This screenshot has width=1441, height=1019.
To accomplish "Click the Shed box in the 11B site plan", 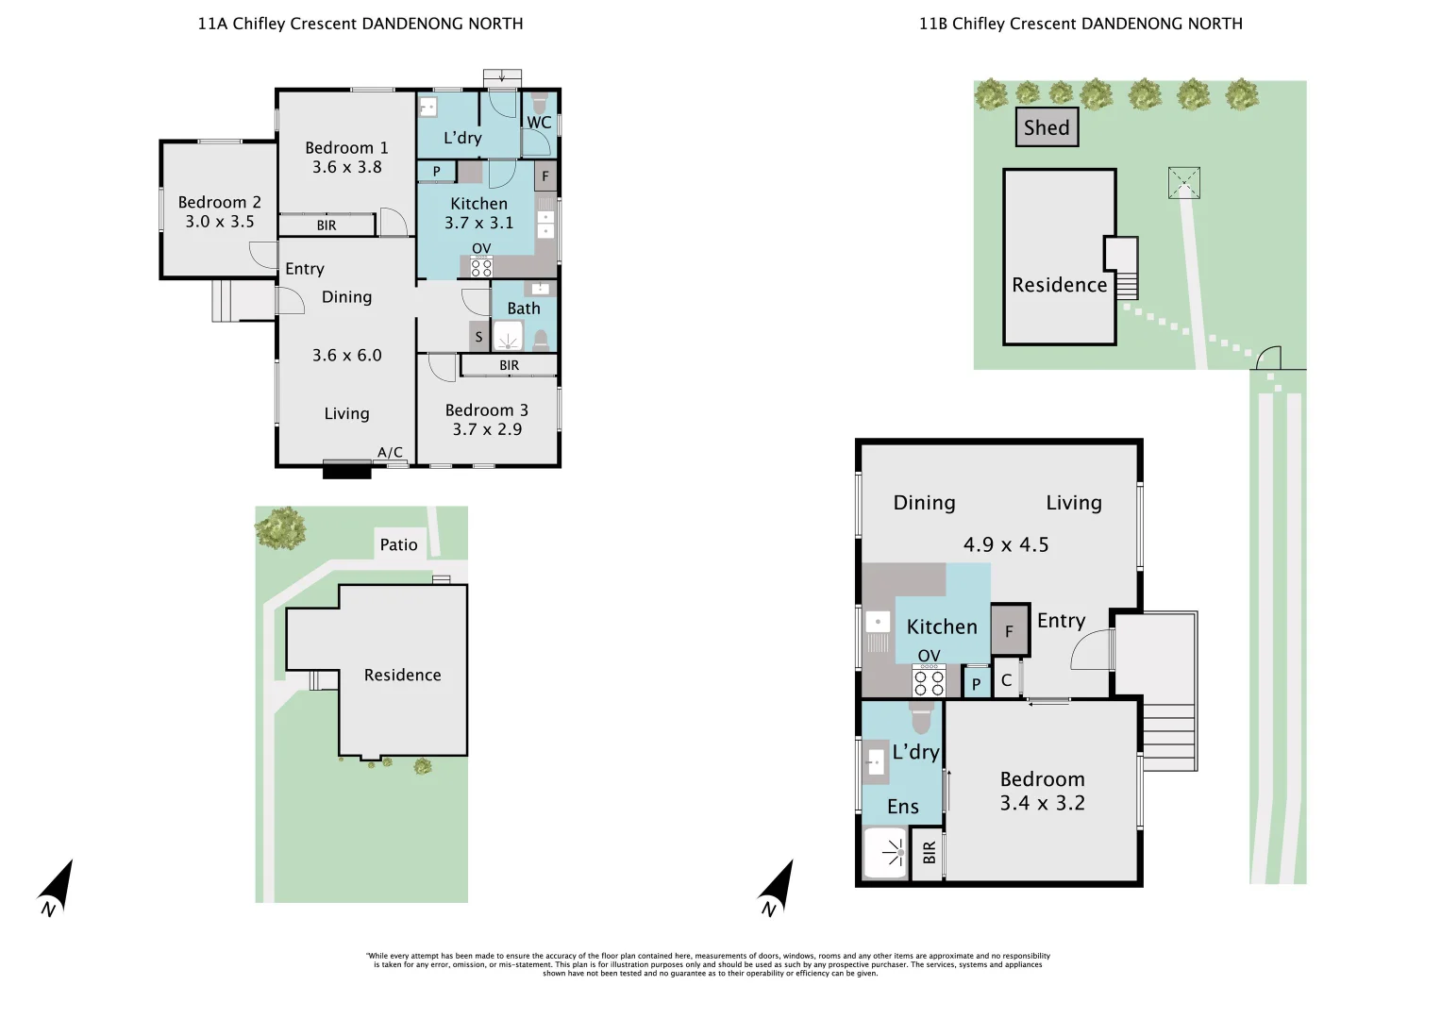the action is (x=1047, y=127).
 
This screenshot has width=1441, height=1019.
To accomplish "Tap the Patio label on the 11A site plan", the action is (x=398, y=545).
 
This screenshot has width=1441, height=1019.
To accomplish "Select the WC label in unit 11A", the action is (x=539, y=123).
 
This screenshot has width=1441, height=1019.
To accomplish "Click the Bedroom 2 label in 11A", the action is (x=219, y=202).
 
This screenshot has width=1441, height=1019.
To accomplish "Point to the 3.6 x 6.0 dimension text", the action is (x=346, y=355).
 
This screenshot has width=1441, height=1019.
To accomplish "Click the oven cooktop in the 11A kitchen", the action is (x=481, y=266).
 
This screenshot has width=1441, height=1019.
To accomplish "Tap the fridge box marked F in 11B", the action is (x=1010, y=630).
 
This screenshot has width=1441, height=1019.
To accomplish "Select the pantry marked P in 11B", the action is (x=976, y=683).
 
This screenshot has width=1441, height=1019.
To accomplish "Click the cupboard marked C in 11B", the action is (x=1007, y=678).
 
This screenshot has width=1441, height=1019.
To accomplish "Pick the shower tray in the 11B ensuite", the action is (x=885, y=853).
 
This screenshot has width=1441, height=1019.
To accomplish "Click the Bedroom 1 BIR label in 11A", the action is (x=327, y=226).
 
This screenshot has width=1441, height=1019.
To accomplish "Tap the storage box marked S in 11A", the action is (x=478, y=337).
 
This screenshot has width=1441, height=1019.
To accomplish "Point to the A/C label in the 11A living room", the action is (x=390, y=452).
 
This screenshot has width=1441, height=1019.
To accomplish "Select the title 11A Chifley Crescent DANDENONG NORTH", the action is (x=360, y=24).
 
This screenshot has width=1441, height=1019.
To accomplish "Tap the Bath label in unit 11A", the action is (x=524, y=309).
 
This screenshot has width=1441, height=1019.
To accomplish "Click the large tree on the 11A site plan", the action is (x=280, y=528).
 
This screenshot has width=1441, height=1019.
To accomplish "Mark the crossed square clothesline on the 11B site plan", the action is (x=1184, y=183).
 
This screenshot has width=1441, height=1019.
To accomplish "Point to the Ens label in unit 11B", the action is (x=902, y=807).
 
